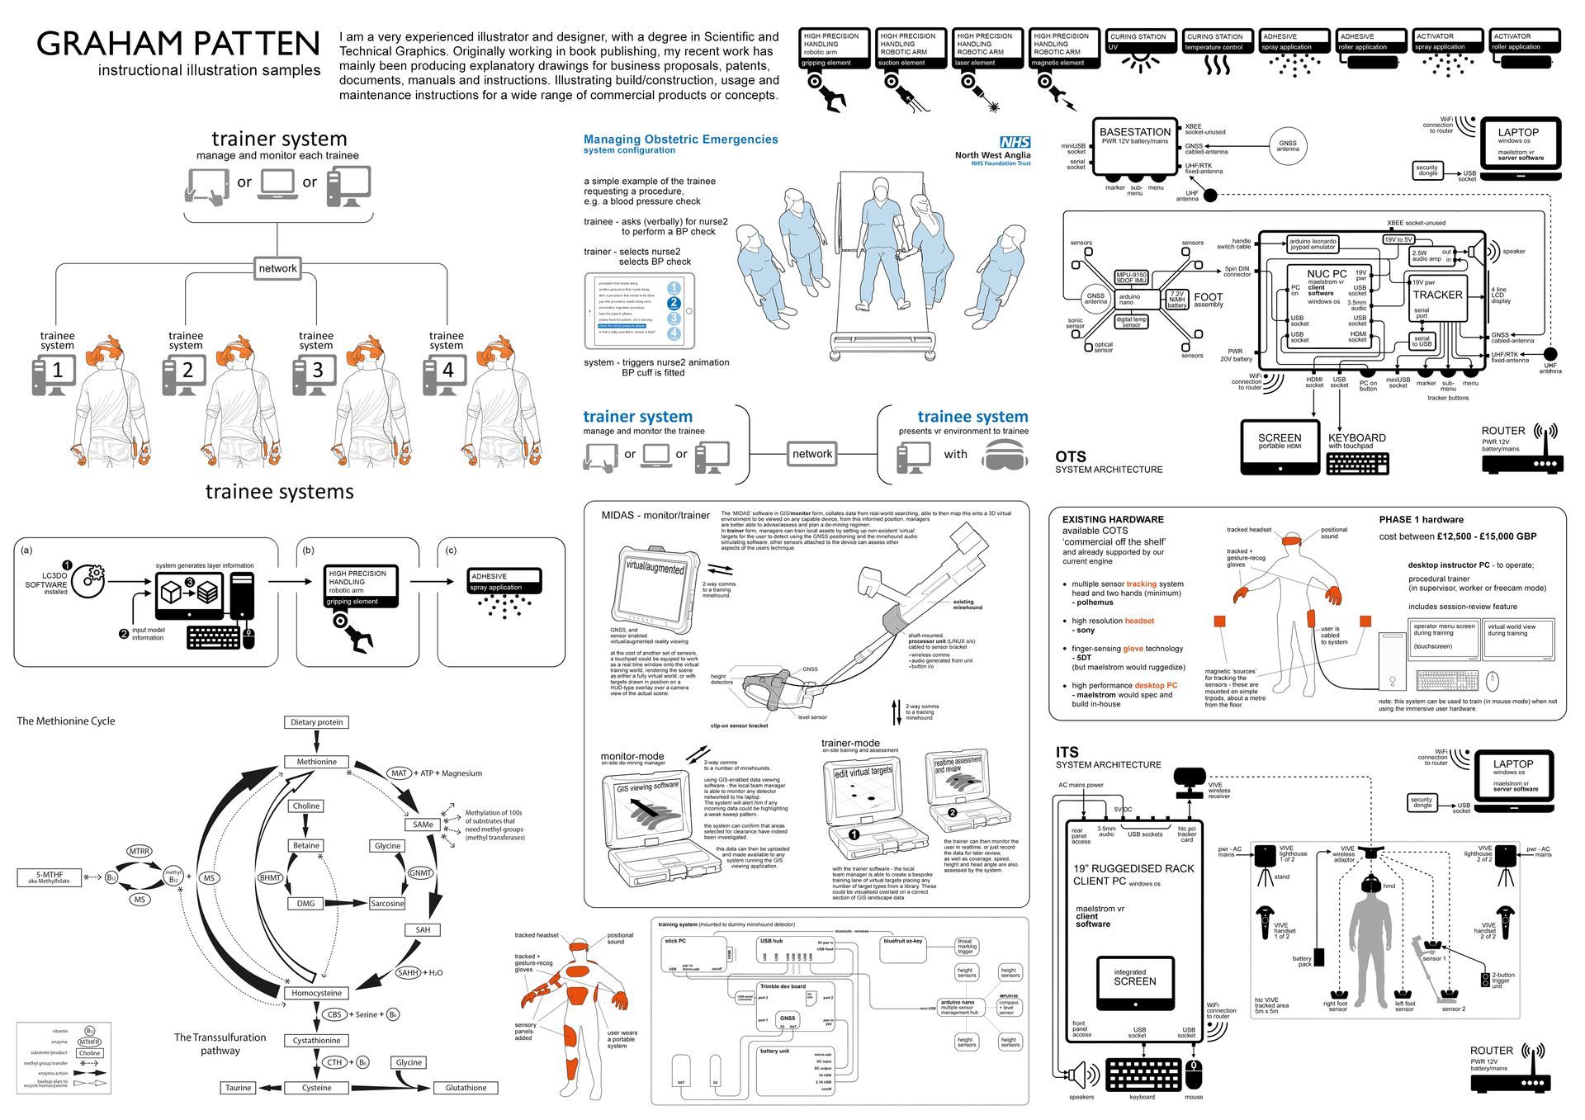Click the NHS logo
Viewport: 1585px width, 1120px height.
[x=1015, y=142]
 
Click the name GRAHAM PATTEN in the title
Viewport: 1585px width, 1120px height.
[x=177, y=44]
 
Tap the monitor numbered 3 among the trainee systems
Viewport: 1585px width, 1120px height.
[x=318, y=371]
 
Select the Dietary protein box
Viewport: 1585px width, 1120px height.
[x=316, y=722]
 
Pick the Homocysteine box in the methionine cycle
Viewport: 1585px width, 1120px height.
[x=316, y=993]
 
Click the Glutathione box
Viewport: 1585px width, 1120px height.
[x=466, y=1088]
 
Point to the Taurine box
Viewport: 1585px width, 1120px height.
[x=238, y=1088]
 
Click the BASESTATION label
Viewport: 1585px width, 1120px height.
[x=1134, y=132]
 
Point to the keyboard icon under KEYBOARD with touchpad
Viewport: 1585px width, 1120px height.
[x=1357, y=463]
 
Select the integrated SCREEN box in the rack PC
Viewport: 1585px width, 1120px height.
[x=1134, y=983]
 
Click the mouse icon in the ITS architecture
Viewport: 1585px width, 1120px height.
[x=1194, y=1075]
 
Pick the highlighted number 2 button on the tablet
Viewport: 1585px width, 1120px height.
[x=674, y=303]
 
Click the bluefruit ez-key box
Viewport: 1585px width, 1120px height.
[x=904, y=949]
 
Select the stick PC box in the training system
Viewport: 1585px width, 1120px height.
[x=693, y=954]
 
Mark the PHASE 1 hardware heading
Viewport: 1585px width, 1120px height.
[x=1421, y=520]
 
